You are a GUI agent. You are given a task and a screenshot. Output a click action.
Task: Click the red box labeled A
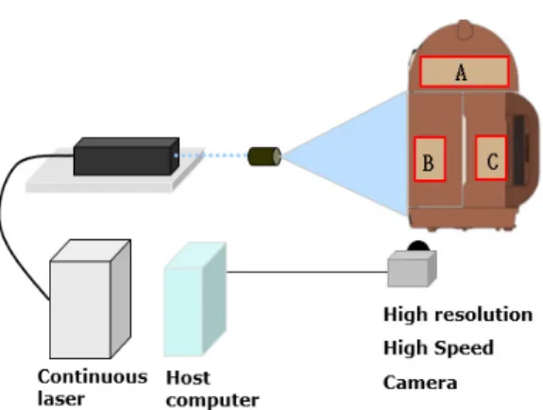point(464,72)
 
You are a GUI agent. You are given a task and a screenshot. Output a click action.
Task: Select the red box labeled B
point(430,159)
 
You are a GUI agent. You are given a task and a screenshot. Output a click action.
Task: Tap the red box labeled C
point(491,158)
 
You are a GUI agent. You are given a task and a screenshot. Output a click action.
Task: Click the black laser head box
point(127,156)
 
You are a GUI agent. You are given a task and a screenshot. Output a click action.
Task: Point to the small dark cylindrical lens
point(264,156)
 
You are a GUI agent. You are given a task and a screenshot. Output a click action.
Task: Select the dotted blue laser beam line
point(212,156)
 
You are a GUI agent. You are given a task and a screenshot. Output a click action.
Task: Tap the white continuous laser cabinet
point(90,299)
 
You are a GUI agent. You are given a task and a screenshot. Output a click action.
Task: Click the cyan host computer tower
point(195,300)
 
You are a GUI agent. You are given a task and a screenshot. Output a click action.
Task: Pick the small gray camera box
point(412,269)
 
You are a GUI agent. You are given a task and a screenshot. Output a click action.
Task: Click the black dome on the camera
point(418,246)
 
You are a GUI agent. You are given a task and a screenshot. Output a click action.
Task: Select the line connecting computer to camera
point(307,272)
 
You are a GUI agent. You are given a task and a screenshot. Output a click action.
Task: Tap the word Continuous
point(93,376)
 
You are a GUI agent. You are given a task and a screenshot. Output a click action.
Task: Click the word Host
point(188,378)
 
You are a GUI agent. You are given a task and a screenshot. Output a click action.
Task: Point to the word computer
point(212,401)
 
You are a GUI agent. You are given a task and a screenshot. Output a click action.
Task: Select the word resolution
point(484,315)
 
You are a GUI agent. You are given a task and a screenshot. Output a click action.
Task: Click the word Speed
point(464,349)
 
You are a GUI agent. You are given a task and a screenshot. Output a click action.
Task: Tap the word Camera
point(420,383)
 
